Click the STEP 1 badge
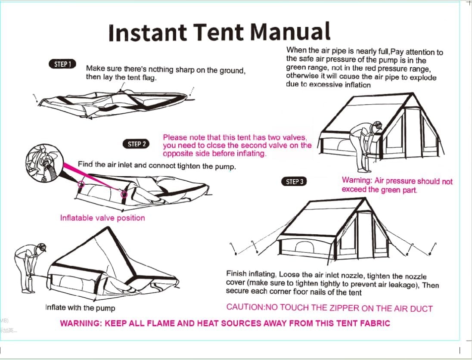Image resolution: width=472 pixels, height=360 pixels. tap(62, 64)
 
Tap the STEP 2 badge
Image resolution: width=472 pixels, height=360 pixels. tap(137, 144)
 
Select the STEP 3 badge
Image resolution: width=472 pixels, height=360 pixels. tap(295, 181)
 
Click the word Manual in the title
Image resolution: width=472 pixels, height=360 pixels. tap(290, 32)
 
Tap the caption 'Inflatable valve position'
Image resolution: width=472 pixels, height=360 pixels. tap(102, 218)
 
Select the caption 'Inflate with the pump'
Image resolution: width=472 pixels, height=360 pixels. tap(80, 307)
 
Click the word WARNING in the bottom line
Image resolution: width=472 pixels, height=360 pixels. tap(81, 323)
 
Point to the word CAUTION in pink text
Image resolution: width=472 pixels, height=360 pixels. tap(244, 307)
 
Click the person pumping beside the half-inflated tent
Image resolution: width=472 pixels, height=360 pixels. tap(29, 267)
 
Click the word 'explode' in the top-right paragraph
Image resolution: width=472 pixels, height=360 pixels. tap(423, 78)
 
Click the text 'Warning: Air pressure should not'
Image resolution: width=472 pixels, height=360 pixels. tap(397, 181)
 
